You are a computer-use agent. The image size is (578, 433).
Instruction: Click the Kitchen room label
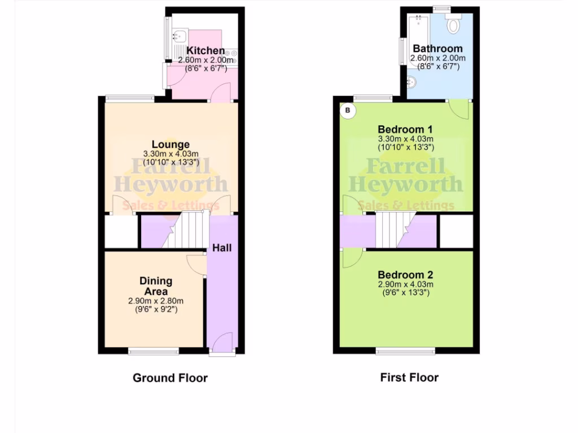point(205,51)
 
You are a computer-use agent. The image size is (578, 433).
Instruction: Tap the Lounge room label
point(170,144)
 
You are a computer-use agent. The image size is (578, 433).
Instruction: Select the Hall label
point(222,248)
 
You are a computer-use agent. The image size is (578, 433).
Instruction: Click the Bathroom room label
point(437,48)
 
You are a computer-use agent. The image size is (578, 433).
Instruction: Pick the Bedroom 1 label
point(405,128)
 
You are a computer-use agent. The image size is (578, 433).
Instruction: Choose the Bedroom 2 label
point(405,275)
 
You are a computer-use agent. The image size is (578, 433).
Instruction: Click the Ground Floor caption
point(170,378)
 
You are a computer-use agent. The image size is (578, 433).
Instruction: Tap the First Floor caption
point(409,378)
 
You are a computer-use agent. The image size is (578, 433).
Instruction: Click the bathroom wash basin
point(412,83)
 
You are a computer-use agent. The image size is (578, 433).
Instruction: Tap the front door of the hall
point(223,344)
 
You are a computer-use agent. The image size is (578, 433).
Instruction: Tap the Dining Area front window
point(154,352)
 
